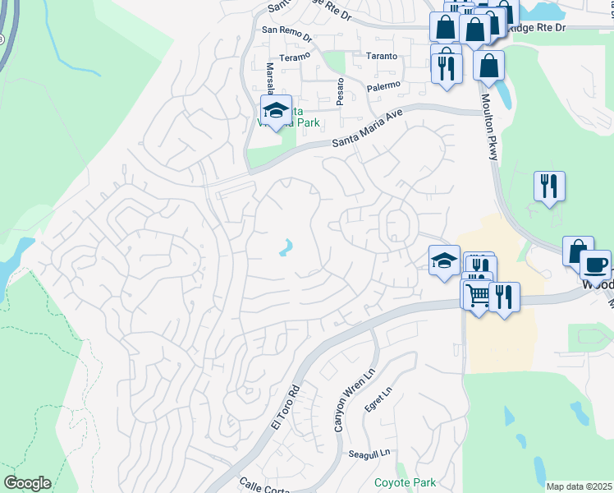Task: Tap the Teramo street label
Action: coord(295,57)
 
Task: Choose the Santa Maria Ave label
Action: coord(369,131)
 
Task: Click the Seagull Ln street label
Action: coord(369,454)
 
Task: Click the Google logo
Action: coord(27,483)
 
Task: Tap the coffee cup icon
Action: coord(595,265)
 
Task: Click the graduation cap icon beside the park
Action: coord(277,111)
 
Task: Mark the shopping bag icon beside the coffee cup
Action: coord(577,250)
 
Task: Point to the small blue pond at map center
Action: coord(286,246)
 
